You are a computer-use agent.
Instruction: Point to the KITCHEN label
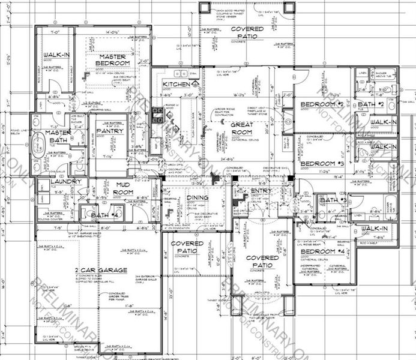pos(176,85)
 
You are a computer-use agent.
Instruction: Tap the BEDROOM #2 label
pos(321,104)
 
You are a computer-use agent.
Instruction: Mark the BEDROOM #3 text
pos(321,164)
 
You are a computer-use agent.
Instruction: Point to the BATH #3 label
pos(331,200)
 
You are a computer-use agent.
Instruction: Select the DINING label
pos(197,197)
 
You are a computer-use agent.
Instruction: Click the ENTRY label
pos(262,191)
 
